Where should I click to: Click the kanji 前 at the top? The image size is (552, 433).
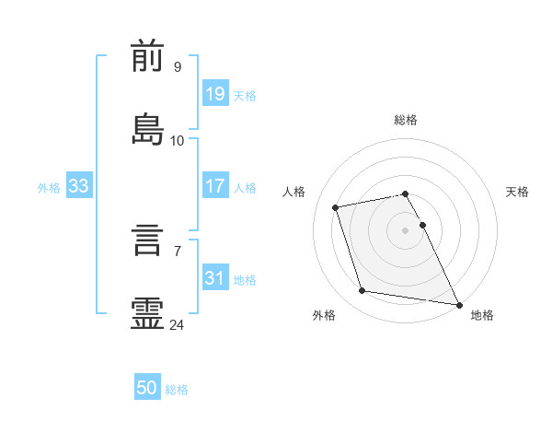(x=147, y=55)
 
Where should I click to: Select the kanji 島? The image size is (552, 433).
(x=147, y=129)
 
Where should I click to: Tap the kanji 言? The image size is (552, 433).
(x=147, y=240)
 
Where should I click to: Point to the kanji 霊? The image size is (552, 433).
(x=147, y=313)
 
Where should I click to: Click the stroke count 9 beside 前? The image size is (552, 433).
(x=178, y=67)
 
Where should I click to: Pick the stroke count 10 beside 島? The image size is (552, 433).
(x=177, y=141)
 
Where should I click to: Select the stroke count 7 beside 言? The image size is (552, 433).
(x=178, y=252)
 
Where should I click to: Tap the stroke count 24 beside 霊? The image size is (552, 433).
(x=177, y=325)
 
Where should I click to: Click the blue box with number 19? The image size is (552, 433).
(x=215, y=93)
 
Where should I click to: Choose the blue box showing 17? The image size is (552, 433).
(x=215, y=185)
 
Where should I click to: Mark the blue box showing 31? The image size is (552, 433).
(x=215, y=276)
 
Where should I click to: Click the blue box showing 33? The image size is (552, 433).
(x=79, y=185)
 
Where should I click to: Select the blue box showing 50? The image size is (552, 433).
(x=147, y=386)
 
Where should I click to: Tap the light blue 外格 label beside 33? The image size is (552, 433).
(x=49, y=188)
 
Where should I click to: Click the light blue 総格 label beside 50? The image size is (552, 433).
(x=177, y=390)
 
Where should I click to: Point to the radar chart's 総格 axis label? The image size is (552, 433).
(x=406, y=120)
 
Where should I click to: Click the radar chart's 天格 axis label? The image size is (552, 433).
(x=517, y=192)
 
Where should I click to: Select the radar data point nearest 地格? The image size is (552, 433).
(x=459, y=305)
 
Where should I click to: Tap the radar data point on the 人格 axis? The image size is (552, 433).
(x=336, y=207)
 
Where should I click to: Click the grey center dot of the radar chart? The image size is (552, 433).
(x=405, y=230)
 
